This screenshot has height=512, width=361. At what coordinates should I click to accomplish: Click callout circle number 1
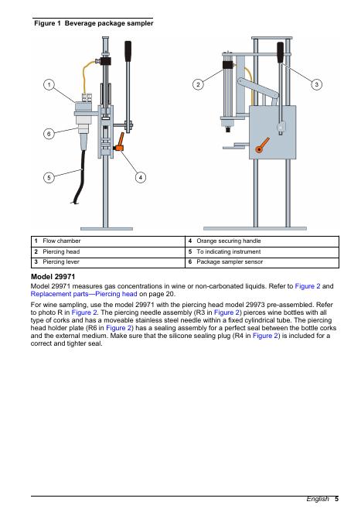point(49,85)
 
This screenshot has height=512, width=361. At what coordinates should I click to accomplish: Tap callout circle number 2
point(198,84)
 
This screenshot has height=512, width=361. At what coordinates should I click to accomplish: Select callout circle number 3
point(316,84)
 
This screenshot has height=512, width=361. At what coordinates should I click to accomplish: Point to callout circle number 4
point(141,177)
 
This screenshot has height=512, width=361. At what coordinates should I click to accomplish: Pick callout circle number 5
point(49,178)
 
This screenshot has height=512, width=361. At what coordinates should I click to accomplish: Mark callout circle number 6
point(49,134)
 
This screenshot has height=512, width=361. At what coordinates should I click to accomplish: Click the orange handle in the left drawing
point(120,142)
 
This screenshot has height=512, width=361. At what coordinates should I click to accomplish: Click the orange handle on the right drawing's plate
point(262,145)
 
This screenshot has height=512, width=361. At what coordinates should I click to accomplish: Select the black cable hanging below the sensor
point(80,176)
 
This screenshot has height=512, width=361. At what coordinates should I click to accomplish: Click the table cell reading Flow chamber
point(108,241)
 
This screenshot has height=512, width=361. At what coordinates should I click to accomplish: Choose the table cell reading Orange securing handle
point(262,241)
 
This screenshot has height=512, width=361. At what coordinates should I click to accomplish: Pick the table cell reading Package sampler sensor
point(262,262)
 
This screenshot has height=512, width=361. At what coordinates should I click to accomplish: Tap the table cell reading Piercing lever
point(108,262)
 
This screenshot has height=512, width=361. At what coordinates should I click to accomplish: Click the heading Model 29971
point(53,277)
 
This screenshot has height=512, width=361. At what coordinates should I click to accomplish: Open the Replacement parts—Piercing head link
point(83,294)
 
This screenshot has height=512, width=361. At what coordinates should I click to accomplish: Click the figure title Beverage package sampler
point(109,23)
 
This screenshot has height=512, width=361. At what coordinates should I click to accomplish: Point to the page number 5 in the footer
point(336,499)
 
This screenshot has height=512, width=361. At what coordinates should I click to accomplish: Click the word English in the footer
point(318,499)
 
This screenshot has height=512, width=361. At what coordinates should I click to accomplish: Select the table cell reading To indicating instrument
point(262,252)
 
